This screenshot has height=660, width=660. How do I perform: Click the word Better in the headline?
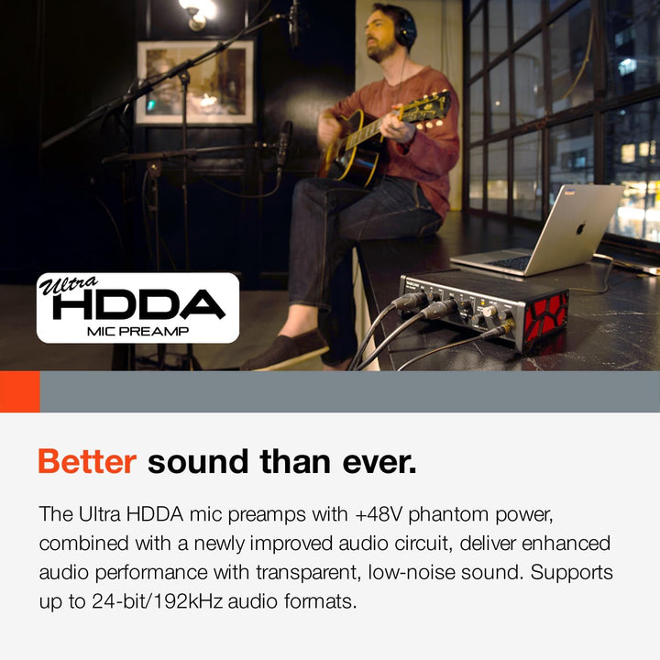tap(86, 462)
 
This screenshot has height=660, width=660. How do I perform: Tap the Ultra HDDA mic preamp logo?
tap(137, 308)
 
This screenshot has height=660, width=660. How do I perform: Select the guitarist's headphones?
tap(403, 28)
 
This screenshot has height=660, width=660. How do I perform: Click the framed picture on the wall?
tap(195, 82)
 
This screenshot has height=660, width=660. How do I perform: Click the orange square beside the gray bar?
tap(19, 391)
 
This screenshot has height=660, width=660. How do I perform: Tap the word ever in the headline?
tap(378, 462)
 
